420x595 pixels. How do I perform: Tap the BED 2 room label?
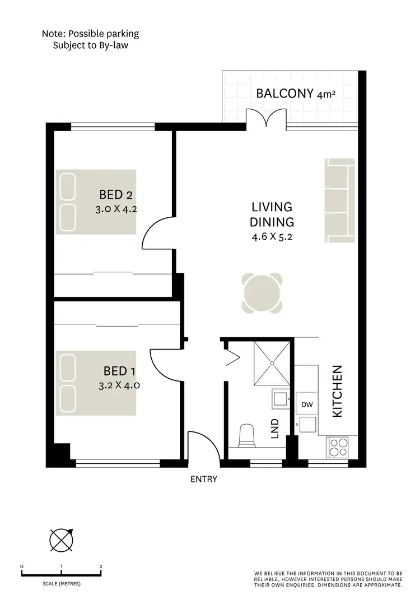115,195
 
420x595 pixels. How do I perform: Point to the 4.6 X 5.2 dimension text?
273,236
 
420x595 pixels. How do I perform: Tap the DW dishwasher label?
306,405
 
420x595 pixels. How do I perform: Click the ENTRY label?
203,479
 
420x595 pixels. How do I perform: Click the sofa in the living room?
340,201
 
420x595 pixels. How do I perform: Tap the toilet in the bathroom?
246,436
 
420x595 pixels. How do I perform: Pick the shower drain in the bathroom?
272,363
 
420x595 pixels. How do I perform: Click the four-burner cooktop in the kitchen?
338,448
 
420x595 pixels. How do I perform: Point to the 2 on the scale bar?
101,566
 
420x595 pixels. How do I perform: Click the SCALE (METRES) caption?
61,583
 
